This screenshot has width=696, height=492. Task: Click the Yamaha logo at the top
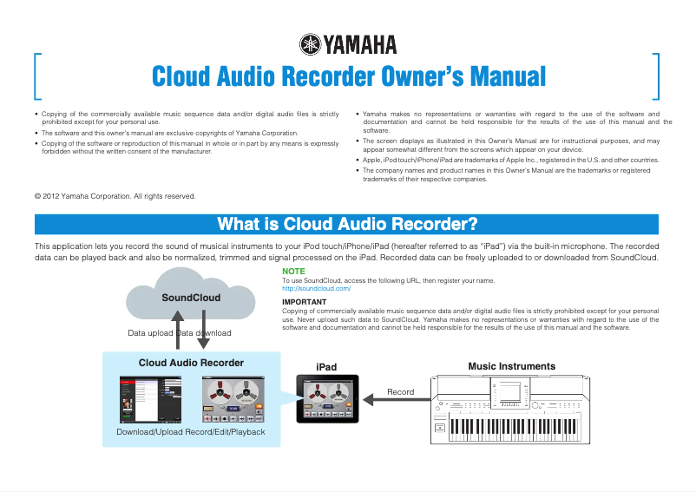[347, 43]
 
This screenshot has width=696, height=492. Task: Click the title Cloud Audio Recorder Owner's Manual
[348, 76]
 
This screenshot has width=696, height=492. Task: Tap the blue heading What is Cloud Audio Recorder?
[347, 225]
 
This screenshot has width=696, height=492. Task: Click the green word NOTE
[293, 272]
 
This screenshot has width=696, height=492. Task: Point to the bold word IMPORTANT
[305, 302]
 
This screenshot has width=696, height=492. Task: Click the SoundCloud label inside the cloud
[191, 298]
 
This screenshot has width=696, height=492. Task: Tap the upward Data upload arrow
[177, 330]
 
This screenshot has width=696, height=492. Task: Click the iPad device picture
[326, 398]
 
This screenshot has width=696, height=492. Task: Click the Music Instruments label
[511, 366]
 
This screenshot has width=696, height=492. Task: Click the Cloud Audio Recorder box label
[191, 363]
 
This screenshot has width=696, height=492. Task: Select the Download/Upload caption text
[150, 432]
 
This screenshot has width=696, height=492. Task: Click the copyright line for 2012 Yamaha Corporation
[115, 196]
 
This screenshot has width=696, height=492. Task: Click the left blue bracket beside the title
[36, 77]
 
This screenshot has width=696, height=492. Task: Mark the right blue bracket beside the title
[657, 77]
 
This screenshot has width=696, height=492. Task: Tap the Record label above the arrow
[400, 392]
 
